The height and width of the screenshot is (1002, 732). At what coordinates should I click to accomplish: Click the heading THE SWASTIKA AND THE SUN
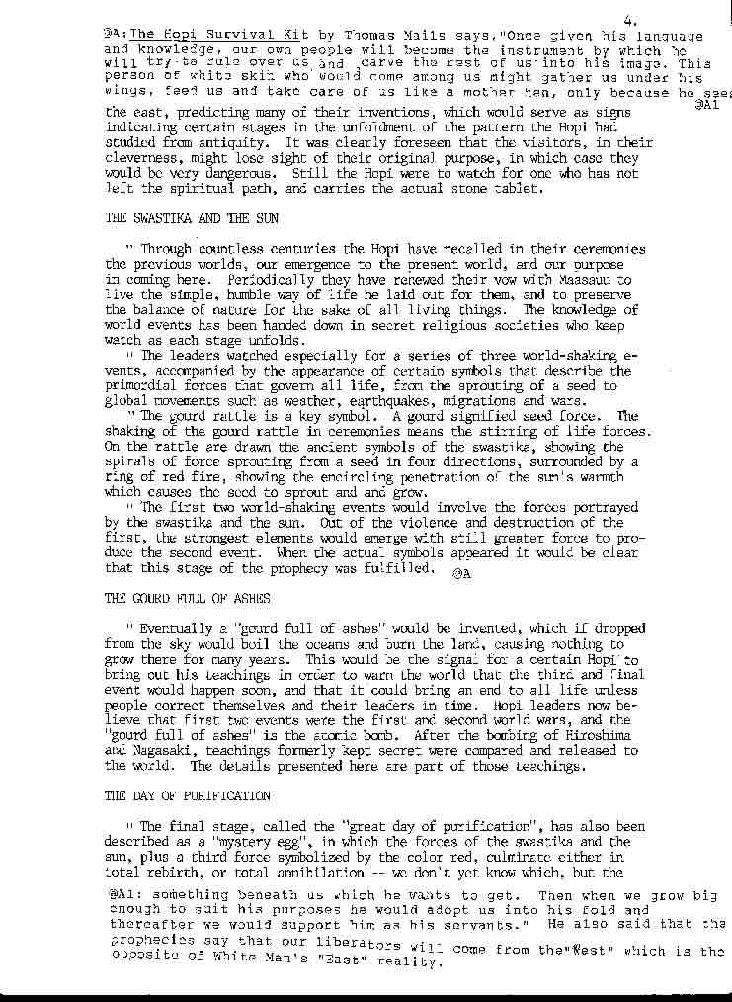(x=191, y=217)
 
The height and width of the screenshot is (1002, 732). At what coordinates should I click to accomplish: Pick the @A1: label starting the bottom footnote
(x=126, y=896)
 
